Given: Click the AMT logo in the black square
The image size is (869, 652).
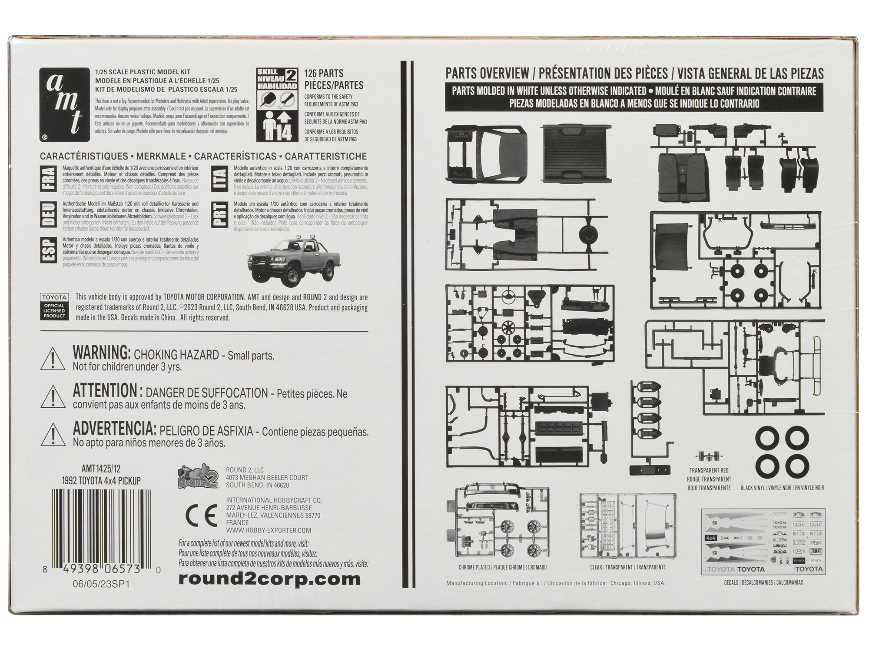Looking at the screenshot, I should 64,105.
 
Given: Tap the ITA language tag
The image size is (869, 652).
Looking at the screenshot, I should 220,180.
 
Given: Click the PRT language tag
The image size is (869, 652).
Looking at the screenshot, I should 220,215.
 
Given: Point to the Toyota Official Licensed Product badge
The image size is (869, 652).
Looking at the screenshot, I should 54,307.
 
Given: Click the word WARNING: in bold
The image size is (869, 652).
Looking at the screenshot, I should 102,353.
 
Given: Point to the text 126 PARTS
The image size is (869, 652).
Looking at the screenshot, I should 324,73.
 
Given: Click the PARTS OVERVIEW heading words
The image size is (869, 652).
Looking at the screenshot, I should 487,73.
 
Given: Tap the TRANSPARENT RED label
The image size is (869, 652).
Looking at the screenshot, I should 709,470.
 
